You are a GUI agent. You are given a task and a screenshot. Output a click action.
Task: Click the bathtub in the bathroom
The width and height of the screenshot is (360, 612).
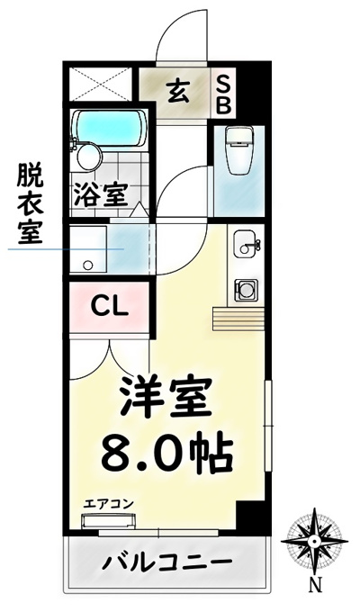pyautogui.click(x=110, y=128)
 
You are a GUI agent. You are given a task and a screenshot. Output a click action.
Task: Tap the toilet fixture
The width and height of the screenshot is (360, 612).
pyautogui.click(x=240, y=150)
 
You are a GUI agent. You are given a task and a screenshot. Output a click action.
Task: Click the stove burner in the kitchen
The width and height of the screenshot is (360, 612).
pyautogui.click(x=246, y=291)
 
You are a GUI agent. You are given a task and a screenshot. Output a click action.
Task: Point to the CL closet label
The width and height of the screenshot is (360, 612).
pyautogui.click(x=109, y=307)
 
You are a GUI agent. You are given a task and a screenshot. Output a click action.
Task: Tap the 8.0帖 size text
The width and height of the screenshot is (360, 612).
pyautogui.click(x=167, y=451)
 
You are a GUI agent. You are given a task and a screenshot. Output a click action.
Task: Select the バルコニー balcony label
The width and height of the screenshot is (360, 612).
pyautogui.click(x=167, y=562)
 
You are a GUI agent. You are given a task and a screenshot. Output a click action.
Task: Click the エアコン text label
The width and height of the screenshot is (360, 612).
pyautogui.click(x=108, y=504)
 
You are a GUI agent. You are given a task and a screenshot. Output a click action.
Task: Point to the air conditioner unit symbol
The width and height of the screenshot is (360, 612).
pyautogui.click(x=108, y=521)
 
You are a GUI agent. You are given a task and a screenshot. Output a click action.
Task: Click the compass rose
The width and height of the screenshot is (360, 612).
pyautogui.click(x=314, y=541)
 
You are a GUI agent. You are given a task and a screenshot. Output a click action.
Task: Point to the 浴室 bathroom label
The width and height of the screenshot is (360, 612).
pyautogui.click(x=101, y=193)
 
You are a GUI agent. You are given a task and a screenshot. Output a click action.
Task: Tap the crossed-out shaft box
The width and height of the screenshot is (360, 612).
pyautogui.click(x=101, y=84)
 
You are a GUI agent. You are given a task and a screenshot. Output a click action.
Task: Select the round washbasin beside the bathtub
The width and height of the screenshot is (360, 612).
pyautogui.click(x=89, y=157)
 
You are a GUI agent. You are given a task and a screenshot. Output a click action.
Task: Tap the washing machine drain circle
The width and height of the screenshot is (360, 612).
pyautogui.click(x=88, y=265)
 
